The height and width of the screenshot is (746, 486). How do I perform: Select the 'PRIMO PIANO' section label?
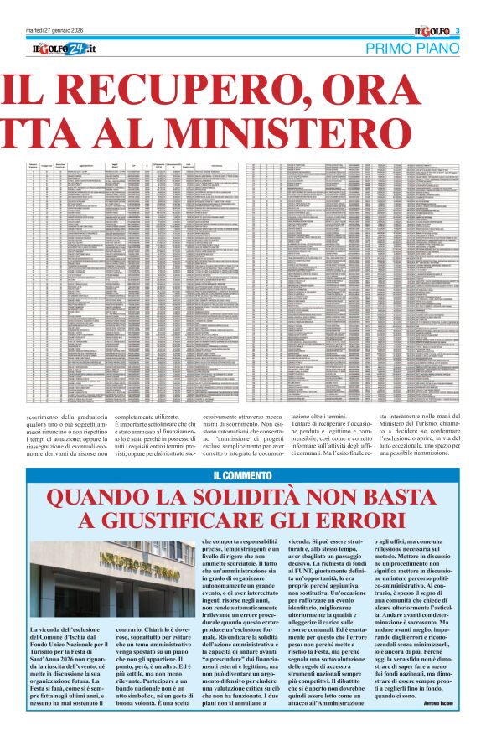[411, 49]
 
